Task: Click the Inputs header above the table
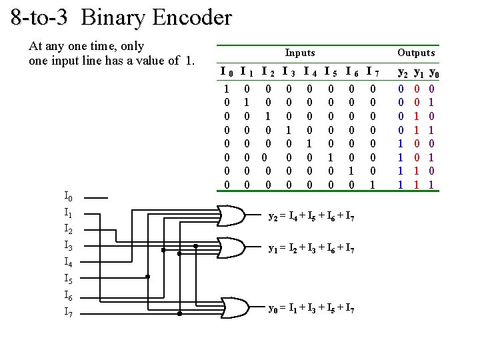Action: [x=300, y=53]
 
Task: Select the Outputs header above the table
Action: [x=415, y=53]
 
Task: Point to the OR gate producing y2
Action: [x=231, y=215]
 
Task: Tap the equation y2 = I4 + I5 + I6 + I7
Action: [x=311, y=216]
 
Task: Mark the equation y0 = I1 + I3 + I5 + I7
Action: [x=311, y=308]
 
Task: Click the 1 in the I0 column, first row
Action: [x=227, y=88]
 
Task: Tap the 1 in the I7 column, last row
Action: [x=373, y=183]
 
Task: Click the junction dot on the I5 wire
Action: [x=148, y=276]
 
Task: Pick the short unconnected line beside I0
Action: [x=96, y=198]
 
